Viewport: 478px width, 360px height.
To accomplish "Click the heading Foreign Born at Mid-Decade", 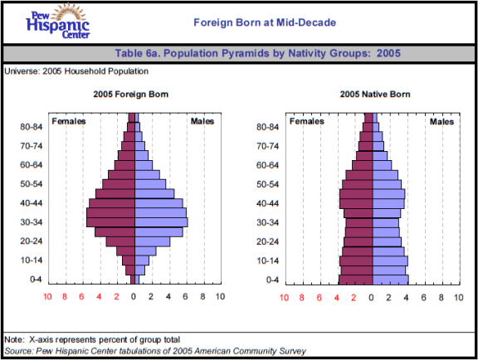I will pyautogui.click(x=265, y=22).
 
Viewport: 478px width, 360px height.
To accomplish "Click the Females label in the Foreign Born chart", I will pyautogui.click(x=71, y=122).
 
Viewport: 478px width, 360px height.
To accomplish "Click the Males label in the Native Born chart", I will pyautogui.click(x=441, y=122).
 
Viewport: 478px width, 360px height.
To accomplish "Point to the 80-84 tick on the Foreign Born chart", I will pyautogui.click(x=32, y=127).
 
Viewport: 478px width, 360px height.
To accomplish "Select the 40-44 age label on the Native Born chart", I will pyautogui.click(x=268, y=203).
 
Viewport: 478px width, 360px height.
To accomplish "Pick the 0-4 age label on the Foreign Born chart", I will pyautogui.click(x=37, y=280).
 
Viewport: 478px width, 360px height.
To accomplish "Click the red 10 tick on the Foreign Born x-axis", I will pyautogui.click(x=48, y=297).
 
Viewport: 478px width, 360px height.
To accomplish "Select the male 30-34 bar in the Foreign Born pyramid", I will pyautogui.click(x=160, y=222).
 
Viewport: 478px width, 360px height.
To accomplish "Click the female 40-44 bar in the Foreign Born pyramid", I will pyautogui.click(x=111, y=203).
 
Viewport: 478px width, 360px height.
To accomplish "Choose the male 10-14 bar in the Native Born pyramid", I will pyautogui.click(x=389, y=260).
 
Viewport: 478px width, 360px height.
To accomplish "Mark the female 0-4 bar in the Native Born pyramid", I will pyautogui.click(x=355, y=280).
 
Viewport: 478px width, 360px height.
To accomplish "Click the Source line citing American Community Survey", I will pyautogui.click(x=155, y=351).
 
